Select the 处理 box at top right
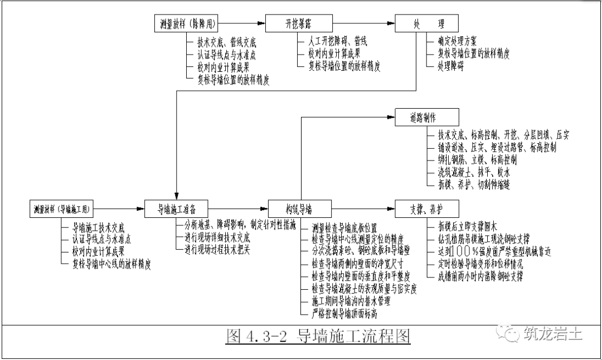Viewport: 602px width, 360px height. point(428,24)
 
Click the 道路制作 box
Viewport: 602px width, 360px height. point(428,118)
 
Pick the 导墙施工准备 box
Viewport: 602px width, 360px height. point(177,209)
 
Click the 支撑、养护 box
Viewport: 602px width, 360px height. point(428,209)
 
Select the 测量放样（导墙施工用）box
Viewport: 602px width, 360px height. point(62,209)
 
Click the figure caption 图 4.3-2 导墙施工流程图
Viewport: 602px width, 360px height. point(317,337)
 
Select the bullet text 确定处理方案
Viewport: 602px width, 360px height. point(457,41)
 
